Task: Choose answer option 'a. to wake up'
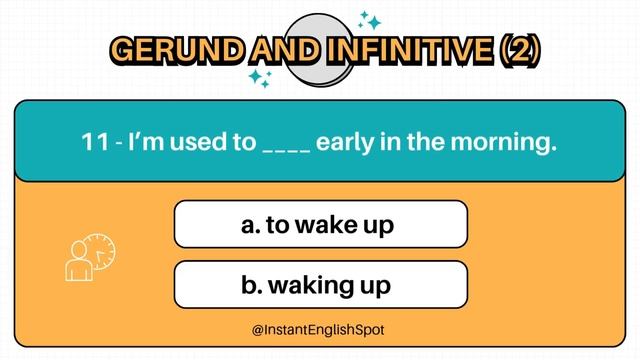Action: pyautogui.click(x=320, y=224)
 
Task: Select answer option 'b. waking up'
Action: pyautogui.click(x=320, y=285)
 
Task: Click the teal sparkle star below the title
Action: pyautogui.click(x=262, y=79)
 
